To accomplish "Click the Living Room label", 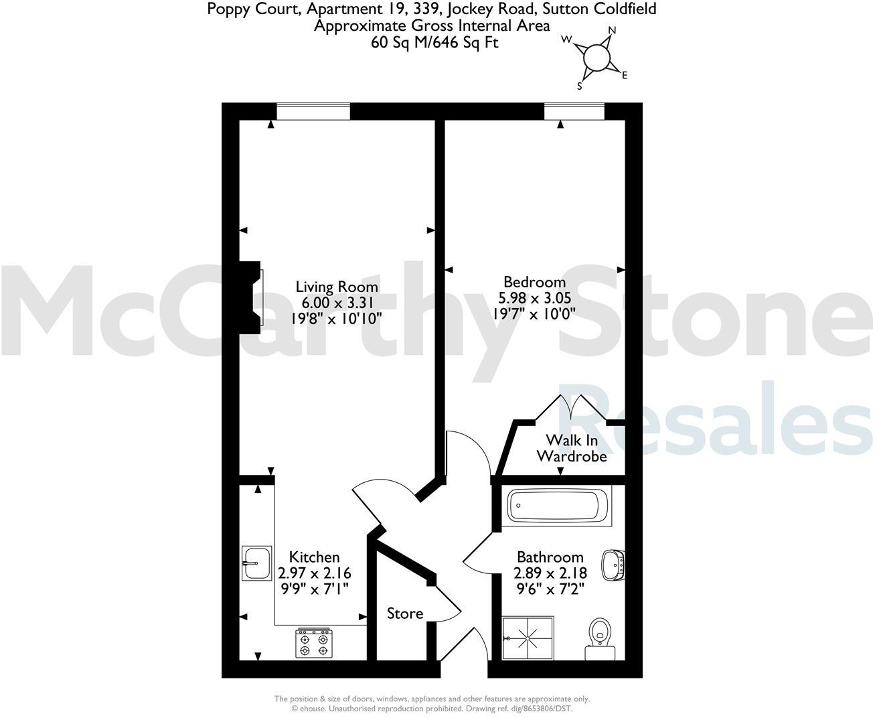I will point(337,287).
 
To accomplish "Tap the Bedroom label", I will point(534,282).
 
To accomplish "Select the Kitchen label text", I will point(314,557).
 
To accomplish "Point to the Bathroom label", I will point(550,557).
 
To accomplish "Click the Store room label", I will point(405,614).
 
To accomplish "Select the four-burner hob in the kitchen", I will point(314,642).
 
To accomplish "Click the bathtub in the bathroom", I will point(558,506).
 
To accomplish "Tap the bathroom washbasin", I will point(613,565).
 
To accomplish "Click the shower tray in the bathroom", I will point(528,637).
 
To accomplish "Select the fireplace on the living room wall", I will point(252,297).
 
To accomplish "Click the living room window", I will point(313,111).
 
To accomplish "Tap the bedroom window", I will point(574,111).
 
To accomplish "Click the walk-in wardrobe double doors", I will point(573,407).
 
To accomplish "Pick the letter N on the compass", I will point(611,31).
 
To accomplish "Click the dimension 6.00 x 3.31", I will point(337,302).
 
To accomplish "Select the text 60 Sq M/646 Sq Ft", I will point(434,43).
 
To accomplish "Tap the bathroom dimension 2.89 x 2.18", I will point(550,573).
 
